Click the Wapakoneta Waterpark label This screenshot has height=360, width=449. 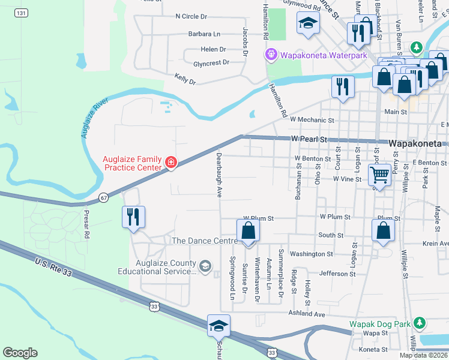click(324, 55)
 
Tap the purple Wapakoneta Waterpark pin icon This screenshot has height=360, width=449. click(272, 55)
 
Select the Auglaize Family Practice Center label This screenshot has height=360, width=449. click(132, 163)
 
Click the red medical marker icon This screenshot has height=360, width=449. click(171, 162)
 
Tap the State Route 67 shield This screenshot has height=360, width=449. click(104, 197)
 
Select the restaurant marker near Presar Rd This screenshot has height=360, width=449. click(133, 217)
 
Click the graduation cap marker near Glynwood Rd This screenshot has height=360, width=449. click(308, 23)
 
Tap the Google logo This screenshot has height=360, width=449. click(20, 353)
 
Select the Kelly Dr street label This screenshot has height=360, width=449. click(185, 78)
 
